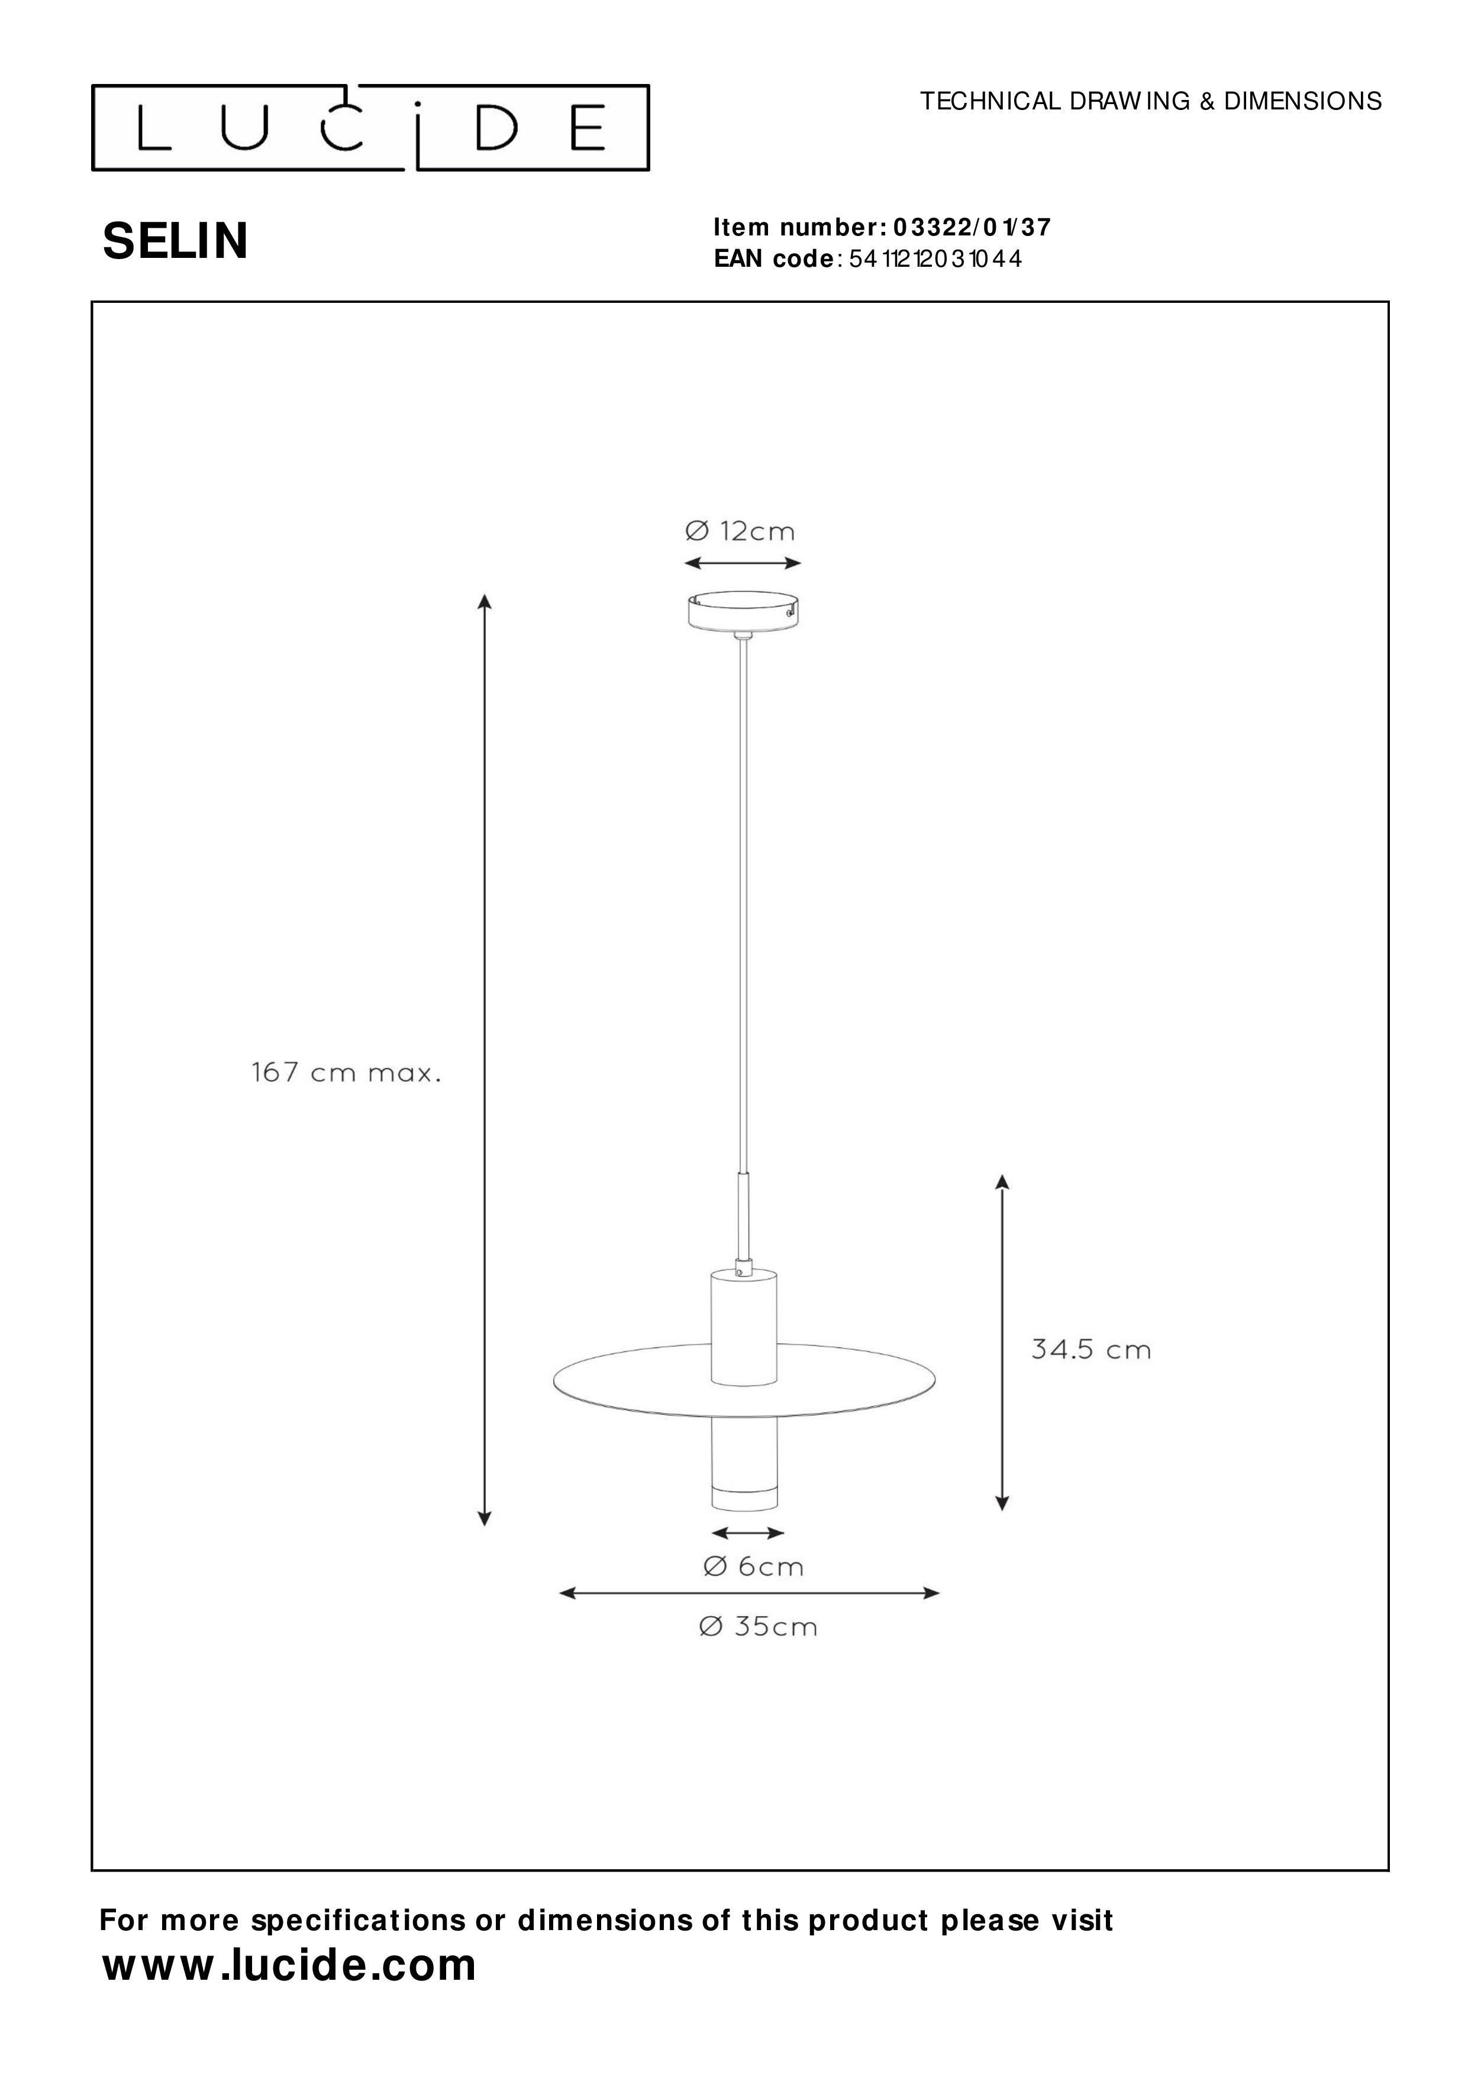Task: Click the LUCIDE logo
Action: (370, 128)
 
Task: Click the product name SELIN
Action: (175, 242)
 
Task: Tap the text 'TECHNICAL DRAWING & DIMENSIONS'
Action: (1151, 101)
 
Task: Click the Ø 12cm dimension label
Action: (740, 531)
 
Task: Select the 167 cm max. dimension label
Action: (346, 1074)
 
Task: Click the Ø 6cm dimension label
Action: (753, 1566)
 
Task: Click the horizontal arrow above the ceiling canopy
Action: (742, 563)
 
